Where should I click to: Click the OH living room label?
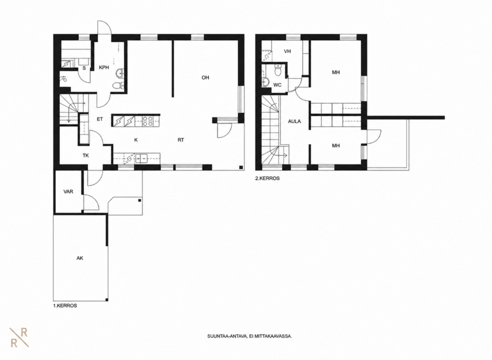[205, 77]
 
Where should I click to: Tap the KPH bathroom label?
[104, 67]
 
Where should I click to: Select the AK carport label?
[80, 258]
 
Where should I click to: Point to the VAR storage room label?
[68, 191]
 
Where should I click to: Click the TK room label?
[86, 155]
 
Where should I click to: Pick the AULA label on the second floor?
[294, 121]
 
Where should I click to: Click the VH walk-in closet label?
[287, 51]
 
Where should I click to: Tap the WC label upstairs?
[278, 85]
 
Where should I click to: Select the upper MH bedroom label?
[336, 73]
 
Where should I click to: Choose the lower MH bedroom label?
[336, 146]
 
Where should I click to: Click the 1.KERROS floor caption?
[65, 306]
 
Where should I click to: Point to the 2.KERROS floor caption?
[267, 179]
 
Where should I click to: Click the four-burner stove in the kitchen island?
[148, 121]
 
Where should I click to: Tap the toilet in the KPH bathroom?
[118, 85]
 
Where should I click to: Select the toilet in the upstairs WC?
[278, 71]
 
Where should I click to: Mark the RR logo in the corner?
[19, 338]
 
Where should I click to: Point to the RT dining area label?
[181, 140]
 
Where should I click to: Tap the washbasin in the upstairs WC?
[266, 82]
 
